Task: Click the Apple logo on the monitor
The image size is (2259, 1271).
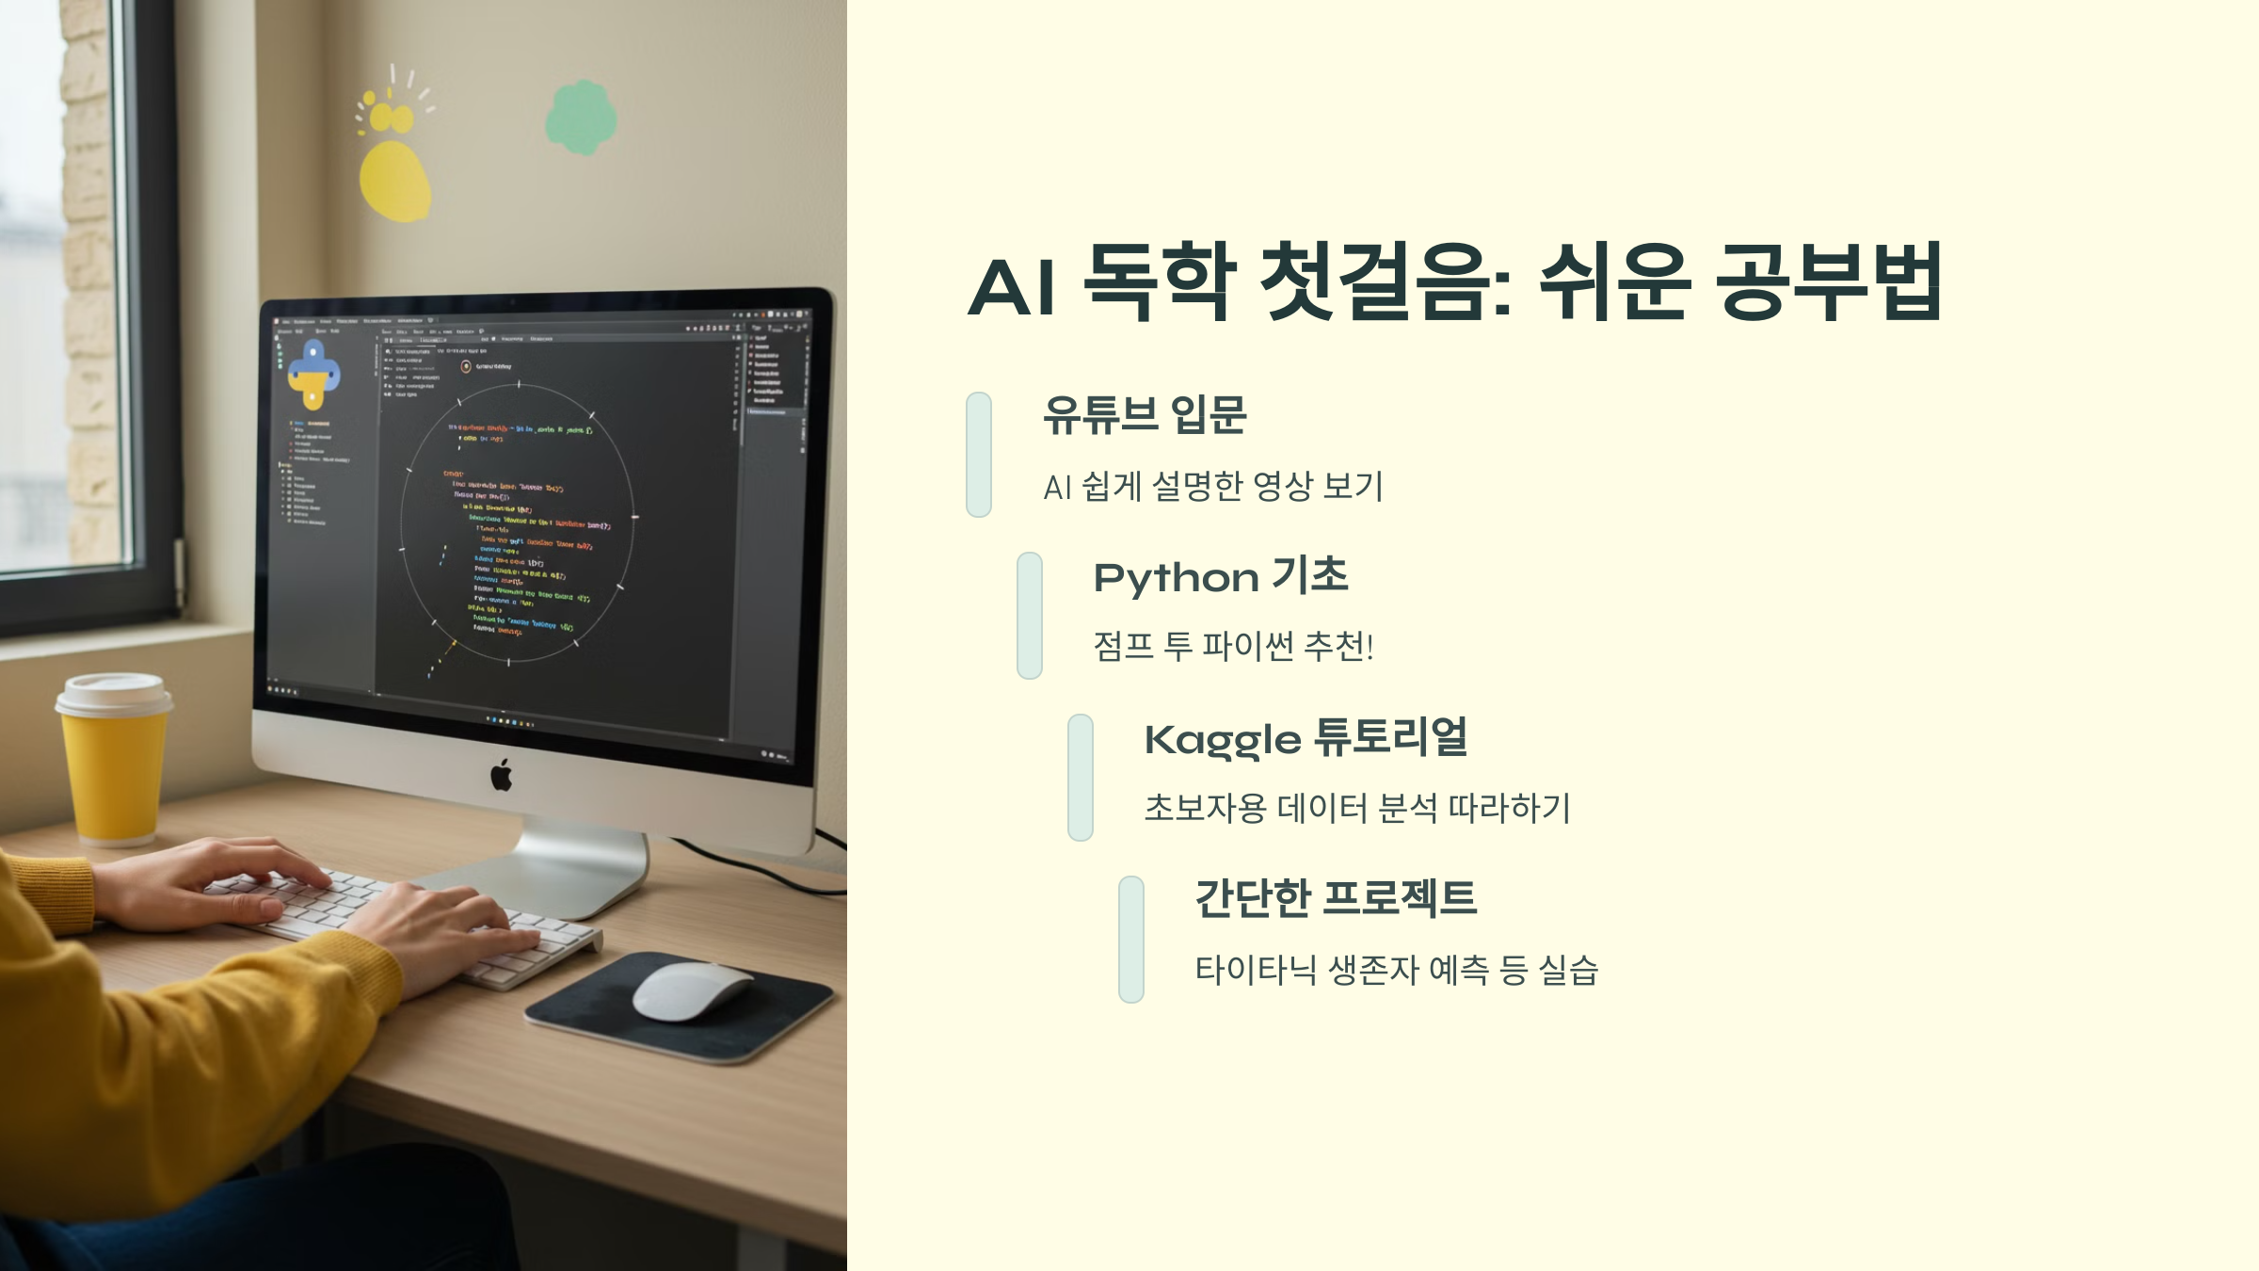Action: (x=502, y=776)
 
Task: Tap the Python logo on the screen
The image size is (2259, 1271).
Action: (x=313, y=375)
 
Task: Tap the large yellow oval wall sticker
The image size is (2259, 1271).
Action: (x=395, y=182)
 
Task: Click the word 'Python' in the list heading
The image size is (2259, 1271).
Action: (x=1176, y=578)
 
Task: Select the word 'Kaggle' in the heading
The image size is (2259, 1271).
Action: (x=1223, y=741)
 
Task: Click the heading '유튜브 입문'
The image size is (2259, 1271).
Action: (x=1145, y=415)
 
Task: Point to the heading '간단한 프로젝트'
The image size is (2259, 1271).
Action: (x=1336, y=898)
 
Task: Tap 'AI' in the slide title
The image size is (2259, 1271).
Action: (x=1011, y=286)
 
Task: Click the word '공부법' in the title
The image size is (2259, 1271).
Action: (x=1829, y=282)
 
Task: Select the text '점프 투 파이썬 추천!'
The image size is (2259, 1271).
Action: (x=1233, y=647)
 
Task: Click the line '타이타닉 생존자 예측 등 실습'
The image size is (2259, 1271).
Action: (x=1396, y=970)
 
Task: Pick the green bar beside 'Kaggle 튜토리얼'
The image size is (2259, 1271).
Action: (x=1081, y=777)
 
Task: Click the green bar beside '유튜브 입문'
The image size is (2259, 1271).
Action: (x=979, y=455)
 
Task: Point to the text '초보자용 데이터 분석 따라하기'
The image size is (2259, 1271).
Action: (x=1356, y=808)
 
